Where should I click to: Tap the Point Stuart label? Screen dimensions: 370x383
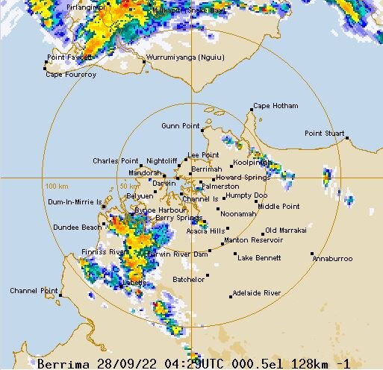tap(324, 134)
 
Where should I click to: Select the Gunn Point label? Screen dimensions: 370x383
tap(180, 126)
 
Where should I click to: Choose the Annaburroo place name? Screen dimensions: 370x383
tap(332, 258)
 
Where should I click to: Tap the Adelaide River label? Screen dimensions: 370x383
tap(257, 293)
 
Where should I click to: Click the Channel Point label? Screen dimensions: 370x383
tap(34, 290)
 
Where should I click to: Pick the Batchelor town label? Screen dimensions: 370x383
tap(189, 279)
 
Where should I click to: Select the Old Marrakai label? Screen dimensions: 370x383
tap(286, 231)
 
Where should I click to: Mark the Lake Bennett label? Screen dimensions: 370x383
tap(259, 258)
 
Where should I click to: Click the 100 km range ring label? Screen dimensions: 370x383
tap(56, 186)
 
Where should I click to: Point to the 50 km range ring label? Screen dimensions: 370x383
tap(129, 186)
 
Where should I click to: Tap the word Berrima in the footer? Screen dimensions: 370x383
tap(63, 364)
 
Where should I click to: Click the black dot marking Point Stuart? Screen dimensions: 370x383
tap(346, 138)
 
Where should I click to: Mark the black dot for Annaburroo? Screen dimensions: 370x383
tap(313, 254)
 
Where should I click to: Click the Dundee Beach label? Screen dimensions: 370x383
tap(77, 227)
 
